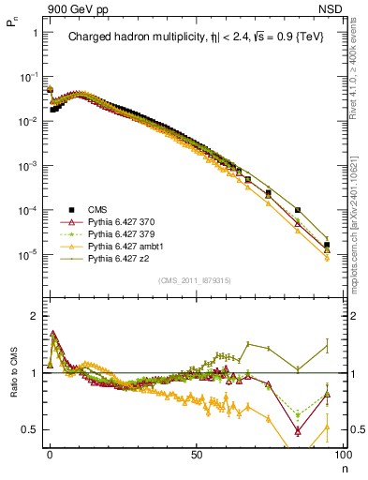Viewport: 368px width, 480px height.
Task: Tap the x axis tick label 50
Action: click(x=197, y=453)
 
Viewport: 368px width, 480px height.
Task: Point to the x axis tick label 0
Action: click(x=50, y=453)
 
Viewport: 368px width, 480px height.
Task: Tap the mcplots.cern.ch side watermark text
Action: click(x=359, y=187)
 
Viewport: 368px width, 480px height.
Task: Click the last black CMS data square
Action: click(x=327, y=246)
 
